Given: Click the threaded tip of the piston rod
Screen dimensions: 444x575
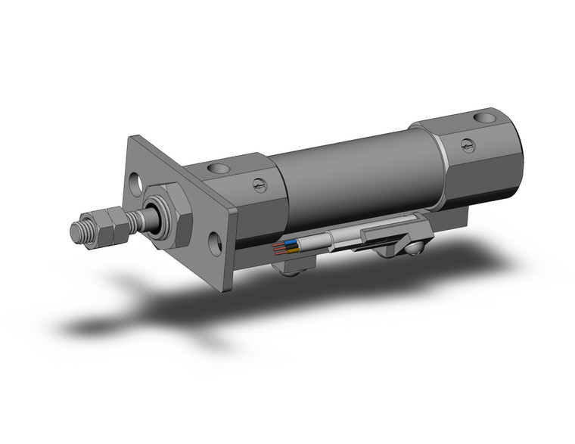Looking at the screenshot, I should pyautogui.click(x=79, y=231).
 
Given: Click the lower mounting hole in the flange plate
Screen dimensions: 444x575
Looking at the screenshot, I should pyautogui.click(x=216, y=243).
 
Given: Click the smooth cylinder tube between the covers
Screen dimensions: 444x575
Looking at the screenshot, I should pyautogui.click(x=348, y=174).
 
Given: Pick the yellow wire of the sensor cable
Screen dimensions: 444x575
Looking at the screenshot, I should pyautogui.click(x=291, y=250).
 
